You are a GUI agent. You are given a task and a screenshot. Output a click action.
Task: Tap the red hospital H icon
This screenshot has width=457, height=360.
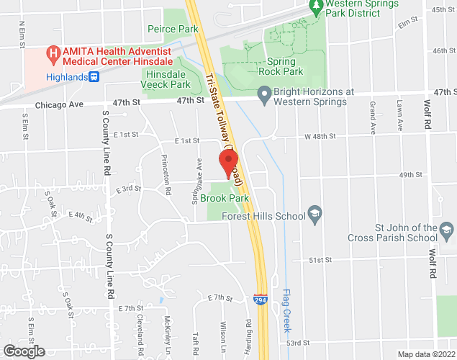pyautogui.click(x=53, y=53)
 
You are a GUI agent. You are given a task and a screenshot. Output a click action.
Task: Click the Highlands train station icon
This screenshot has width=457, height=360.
pyautogui.click(x=94, y=77)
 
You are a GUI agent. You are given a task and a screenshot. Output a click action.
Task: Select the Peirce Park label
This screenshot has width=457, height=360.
pyautogui.click(x=172, y=30)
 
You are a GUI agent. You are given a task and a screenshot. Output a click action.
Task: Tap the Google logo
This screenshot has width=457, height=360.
pyautogui.click(x=23, y=351)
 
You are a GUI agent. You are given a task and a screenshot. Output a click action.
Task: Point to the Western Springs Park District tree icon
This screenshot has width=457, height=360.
pyautogui.click(x=316, y=6)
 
